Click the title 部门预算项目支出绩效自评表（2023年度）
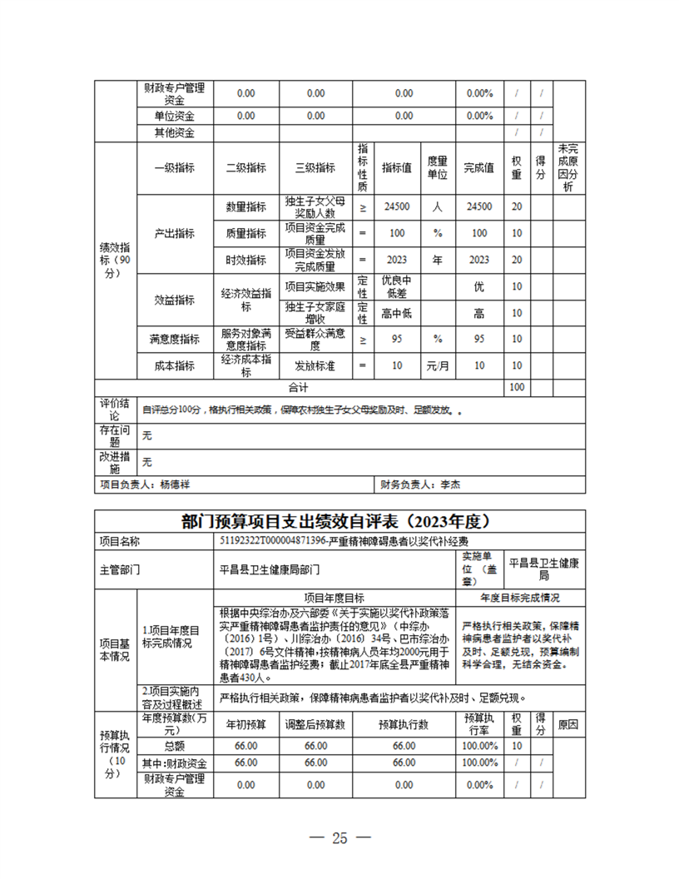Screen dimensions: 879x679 tap(339, 522)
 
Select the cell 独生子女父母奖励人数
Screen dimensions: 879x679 tap(315, 207)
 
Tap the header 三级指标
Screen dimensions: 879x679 tap(315, 167)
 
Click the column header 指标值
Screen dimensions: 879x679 tap(397, 167)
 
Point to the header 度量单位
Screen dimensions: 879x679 tap(438, 167)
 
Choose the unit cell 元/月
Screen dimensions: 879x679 tap(438, 365)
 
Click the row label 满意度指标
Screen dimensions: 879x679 tap(174, 339)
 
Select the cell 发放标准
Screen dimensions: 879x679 tap(315, 365)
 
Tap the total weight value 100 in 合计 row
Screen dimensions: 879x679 tap(517, 387)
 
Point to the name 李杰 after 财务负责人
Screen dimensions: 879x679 tap(450, 484)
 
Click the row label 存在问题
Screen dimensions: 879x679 tap(115, 435)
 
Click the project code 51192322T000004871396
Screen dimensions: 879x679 tap(270, 541)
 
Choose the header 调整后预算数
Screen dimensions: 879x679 tap(315, 725)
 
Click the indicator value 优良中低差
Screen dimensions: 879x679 tap(397, 286)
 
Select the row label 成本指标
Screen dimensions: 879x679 tap(174, 365)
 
